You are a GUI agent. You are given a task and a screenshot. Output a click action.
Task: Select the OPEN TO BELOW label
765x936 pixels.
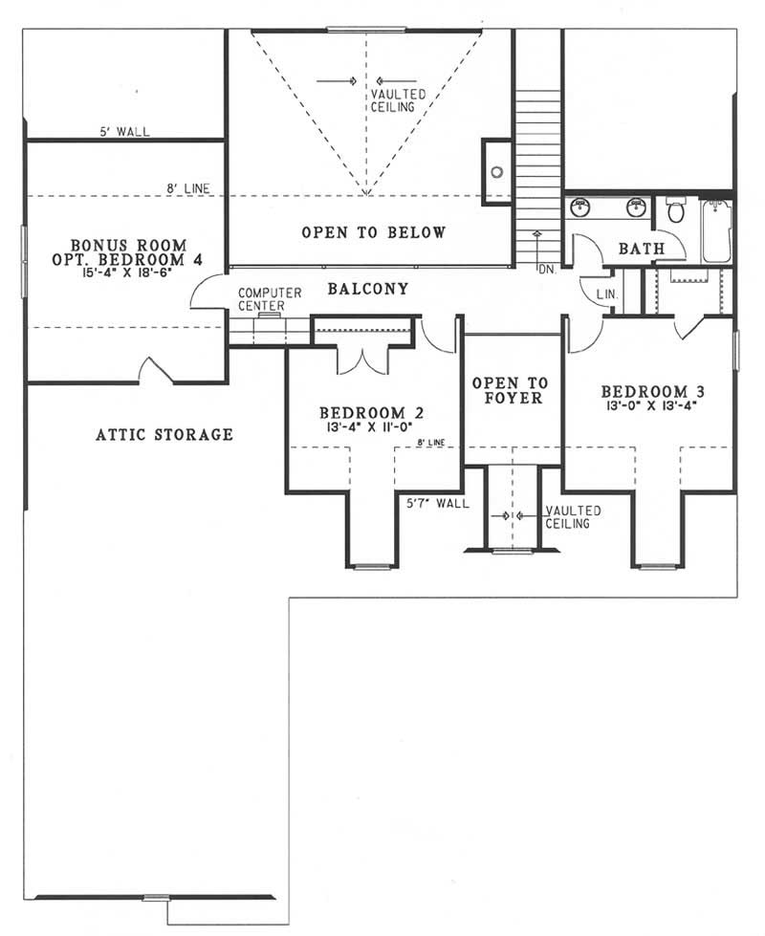[x=373, y=232]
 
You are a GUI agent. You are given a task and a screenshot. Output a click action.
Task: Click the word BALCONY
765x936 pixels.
[x=368, y=288]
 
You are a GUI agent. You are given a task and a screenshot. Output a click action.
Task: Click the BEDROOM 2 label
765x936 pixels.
[x=371, y=413]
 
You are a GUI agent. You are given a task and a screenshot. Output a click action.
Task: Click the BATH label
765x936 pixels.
[x=642, y=249]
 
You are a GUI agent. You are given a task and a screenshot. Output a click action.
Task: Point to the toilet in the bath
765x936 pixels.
[x=675, y=210]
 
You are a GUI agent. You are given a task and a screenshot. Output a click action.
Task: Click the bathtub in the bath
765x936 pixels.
[x=716, y=230]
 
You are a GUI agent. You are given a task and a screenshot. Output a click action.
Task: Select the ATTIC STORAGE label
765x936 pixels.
[x=164, y=435]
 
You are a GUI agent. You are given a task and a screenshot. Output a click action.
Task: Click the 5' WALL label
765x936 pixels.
[x=124, y=132]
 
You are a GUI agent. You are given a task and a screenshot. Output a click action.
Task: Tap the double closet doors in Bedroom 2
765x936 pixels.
[x=362, y=361]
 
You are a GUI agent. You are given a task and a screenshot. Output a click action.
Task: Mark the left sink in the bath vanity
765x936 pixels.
[x=579, y=206]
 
